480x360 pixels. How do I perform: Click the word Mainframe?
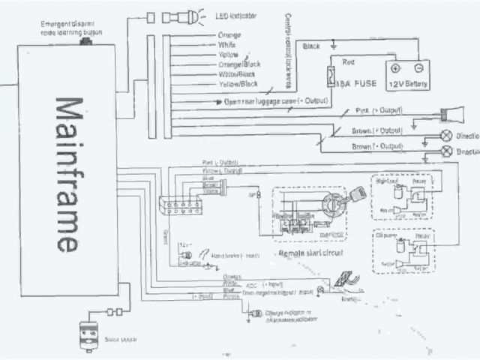pyautogui.click(x=65, y=174)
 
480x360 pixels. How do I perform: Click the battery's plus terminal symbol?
pyautogui.click(x=395, y=69)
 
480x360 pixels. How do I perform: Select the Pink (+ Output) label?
pyautogui.click(x=379, y=111)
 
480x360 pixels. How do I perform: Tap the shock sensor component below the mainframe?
pyautogui.click(x=91, y=334)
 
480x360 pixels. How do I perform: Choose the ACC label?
pyautogui.click(x=251, y=285)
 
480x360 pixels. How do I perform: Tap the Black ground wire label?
pyautogui.click(x=311, y=46)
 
